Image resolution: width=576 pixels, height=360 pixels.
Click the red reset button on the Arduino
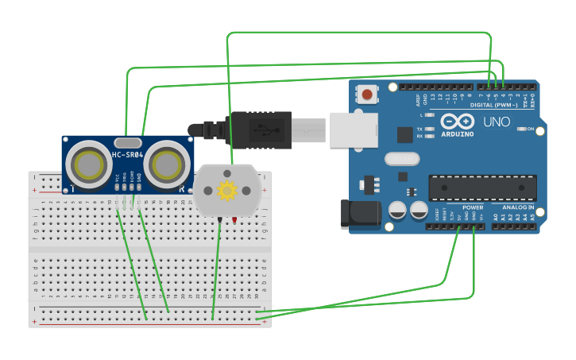(x=367, y=95)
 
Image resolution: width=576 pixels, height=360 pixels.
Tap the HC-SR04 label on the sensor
(x=127, y=155)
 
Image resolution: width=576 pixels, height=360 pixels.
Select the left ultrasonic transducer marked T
(x=88, y=165)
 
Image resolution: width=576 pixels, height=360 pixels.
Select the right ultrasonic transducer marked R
(x=168, y=165)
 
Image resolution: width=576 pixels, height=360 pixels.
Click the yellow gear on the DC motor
(x=228, y=190)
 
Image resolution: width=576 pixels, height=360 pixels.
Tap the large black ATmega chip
(x=482, y=188)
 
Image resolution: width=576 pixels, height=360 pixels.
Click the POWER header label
(x=473, y=207)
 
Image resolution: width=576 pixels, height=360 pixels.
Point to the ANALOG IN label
(x=518, y=207)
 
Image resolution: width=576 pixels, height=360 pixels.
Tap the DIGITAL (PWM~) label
(x=493, y=105)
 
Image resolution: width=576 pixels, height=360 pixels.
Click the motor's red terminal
(x=235, y=220)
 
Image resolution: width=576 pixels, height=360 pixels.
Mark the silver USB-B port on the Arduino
(x=354, y=130)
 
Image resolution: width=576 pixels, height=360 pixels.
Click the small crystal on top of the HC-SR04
(x=127, y=142)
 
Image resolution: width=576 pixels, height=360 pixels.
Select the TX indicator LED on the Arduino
(x=430, y=129)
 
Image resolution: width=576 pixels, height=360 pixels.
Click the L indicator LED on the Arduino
(x=430, y=115)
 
